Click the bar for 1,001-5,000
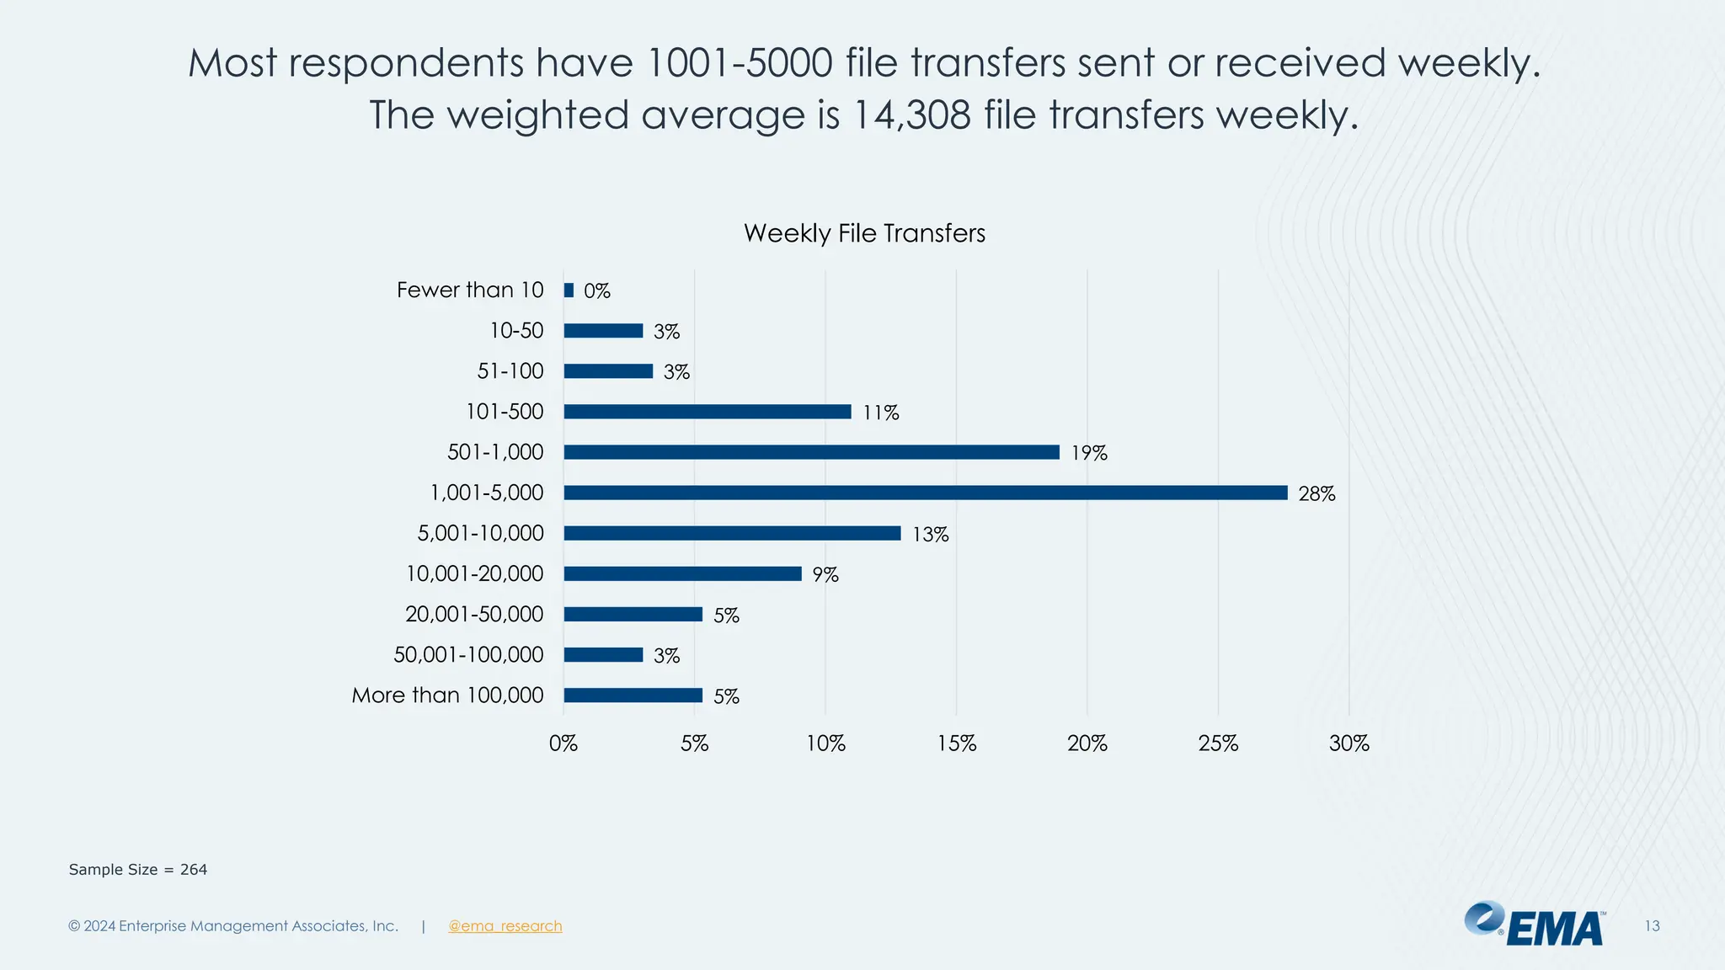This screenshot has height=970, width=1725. pos(925,493)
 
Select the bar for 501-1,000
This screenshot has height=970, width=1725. pos(811,452)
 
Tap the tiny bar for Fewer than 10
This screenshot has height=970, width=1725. pos(569,290)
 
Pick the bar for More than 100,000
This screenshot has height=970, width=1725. pos(633,696)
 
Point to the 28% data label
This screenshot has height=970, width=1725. pos(1316,494)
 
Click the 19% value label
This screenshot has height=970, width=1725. pos(1089,454)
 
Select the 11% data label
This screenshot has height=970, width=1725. pos(881,413)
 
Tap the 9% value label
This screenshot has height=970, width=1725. pos(825,575)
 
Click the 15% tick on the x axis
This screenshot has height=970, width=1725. pos(957,743)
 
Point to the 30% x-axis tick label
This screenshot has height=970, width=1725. pos(1349,743)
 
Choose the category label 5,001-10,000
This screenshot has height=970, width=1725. pos(481,533)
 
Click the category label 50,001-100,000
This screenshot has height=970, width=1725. pos(468,654)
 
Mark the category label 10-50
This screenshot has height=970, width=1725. pos(516,331)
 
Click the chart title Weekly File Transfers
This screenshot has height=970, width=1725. pos(864,233)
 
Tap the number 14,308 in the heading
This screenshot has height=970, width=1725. pos(911,115)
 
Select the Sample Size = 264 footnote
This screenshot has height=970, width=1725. pos(138,870)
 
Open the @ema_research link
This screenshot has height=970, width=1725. pos(505,926)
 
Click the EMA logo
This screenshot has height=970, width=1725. pos(1535,925)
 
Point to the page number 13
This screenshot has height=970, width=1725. pos(1652,926)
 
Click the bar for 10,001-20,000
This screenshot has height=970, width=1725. pos(682,573)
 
